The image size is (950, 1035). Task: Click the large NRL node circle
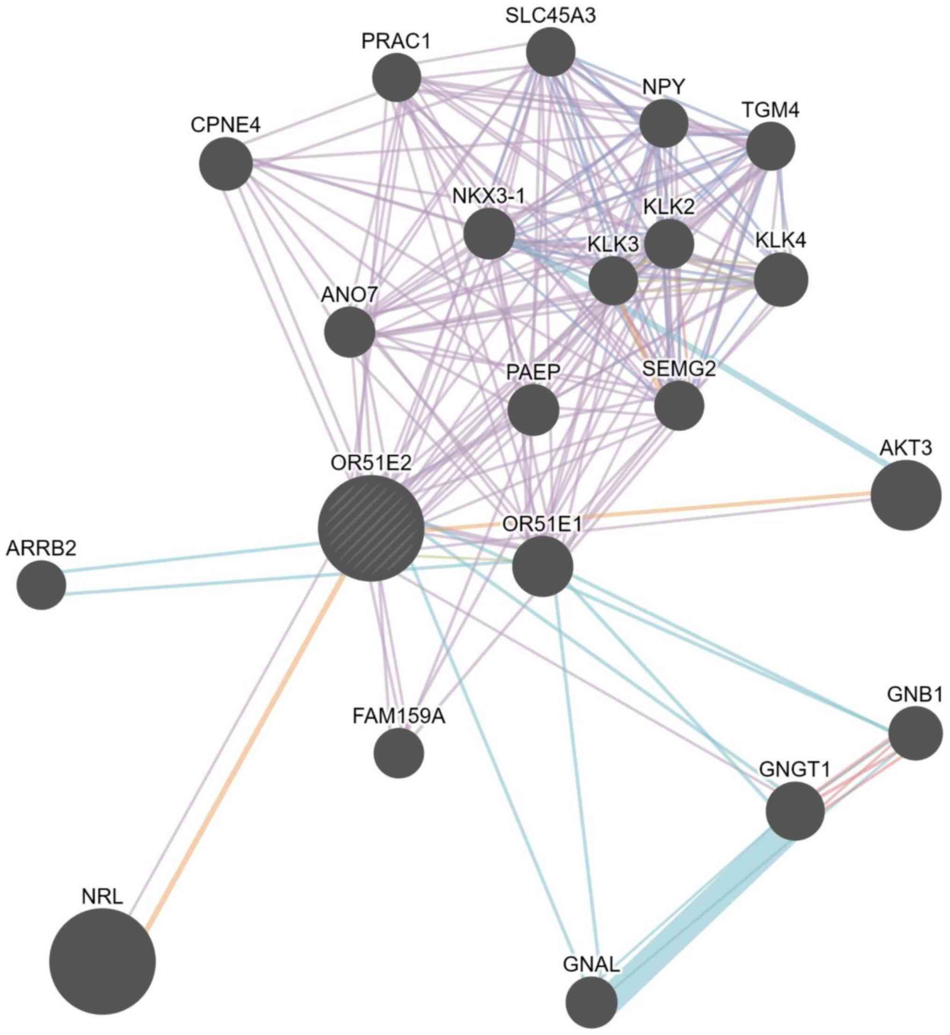point(102,962)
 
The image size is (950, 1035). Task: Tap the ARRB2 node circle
point(41,584)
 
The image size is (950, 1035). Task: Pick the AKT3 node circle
point(906,495)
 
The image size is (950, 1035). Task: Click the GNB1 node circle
point(915,733)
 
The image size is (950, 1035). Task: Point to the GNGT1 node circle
point(795,811)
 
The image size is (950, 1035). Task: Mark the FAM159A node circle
point(399,753)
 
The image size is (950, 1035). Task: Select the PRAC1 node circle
point(396,78)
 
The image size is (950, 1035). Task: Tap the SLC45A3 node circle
point(551,51)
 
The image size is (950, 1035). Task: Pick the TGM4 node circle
point(770,146)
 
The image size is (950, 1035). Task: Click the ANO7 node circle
point(349,332)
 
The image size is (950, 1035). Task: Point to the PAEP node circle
point(533,410)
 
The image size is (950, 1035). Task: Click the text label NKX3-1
point(488,196)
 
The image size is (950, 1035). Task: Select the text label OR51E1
point(542,525)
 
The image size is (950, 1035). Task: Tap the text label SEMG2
point(679,369)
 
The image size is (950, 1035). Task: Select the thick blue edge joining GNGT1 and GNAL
point(699,905)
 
